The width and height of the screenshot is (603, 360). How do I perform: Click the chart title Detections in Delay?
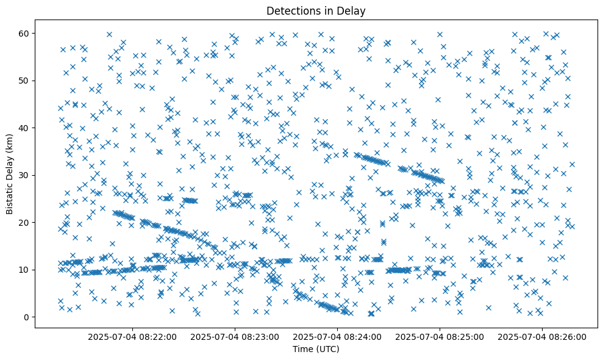coord(316,10)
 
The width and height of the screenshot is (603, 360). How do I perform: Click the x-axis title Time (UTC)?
coord(316,349)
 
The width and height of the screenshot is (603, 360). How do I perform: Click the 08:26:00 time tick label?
coord(542,336)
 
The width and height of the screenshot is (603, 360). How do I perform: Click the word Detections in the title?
coord(291,10)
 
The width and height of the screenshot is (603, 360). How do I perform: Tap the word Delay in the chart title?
coord(352,10)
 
